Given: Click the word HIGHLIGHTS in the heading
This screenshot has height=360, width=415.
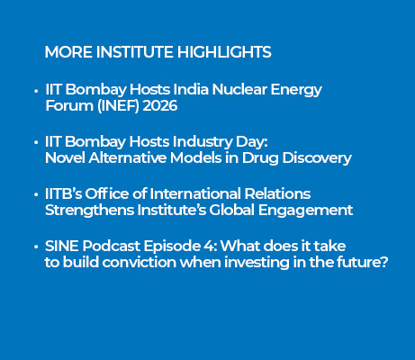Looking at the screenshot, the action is pyautogui.click(x=224, y=52).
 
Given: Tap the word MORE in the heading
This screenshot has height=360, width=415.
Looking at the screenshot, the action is pyautogui.click(x=68, y=52).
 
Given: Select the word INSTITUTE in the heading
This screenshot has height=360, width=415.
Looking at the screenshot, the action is pyautogui.click(x=135, y=52).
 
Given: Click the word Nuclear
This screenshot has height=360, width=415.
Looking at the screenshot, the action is pyautogui.click(x=239, y=89).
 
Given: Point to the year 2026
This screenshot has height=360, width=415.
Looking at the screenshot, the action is pyautogui.click(x=160, y=105).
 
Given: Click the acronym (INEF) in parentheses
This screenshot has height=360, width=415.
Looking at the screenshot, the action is pyautogui.click(x=118, y=106).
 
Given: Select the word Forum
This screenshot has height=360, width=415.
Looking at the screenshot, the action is pyautogui.click(x=69, y=105).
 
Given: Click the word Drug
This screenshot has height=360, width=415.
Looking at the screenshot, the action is pyautogui.click(x=260, y=158).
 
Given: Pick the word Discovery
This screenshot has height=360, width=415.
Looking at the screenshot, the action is pyautogui.click(x=317, y=158).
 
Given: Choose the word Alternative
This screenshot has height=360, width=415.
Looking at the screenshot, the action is pyautogui.click(x=127, y=157).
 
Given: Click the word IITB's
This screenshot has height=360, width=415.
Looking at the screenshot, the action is pyautogui.click(x=63, y=193).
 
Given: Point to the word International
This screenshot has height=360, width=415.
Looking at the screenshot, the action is pyautogui.click(x=195, y=193).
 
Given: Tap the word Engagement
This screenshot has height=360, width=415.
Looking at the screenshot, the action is pyautogui.click(x=305, y=211).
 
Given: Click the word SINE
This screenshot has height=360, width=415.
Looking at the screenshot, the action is pyautogui.click(x=62, y=246).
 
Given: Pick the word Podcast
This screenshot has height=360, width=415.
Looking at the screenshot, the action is pyautogui.click(x=112, y=246).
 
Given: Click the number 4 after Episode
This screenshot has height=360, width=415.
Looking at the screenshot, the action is pyautogui.click(x=208, y=246).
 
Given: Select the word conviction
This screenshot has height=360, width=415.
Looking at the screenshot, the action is pyautogui.click(x=139, y=262).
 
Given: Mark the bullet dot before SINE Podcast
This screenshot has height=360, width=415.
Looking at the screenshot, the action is pyautogui.click(x=36, y=247).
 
